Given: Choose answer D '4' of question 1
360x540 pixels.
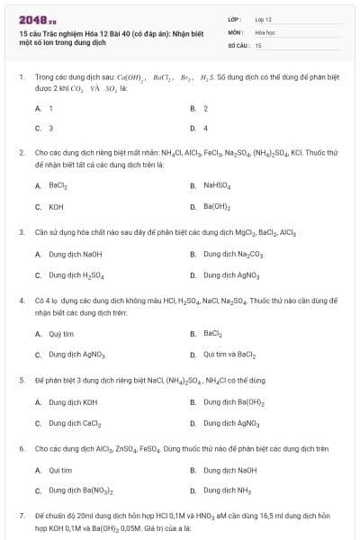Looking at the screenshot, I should point(205,128).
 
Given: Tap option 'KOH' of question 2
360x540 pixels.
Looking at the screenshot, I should point(56,206).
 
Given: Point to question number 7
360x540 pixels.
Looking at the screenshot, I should point(21,515).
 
